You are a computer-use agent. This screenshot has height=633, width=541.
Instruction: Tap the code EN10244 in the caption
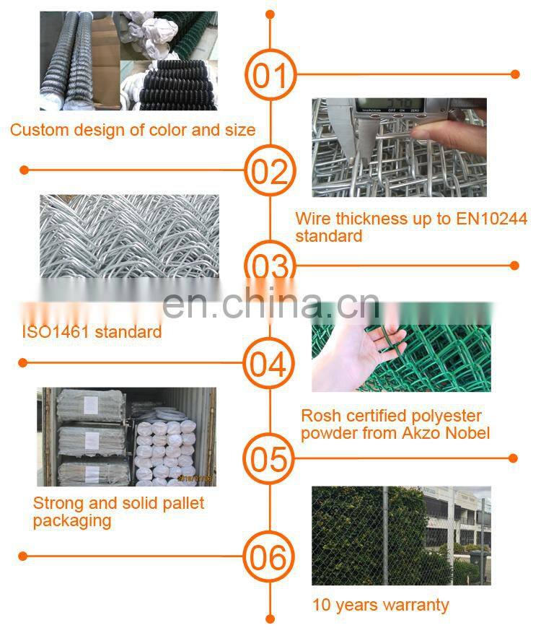coord(491,219)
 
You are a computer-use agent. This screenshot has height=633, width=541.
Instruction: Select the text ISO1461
coord(56,332)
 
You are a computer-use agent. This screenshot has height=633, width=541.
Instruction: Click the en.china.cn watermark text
coord(270,305)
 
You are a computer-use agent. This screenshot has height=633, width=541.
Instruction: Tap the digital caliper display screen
coord(390,105)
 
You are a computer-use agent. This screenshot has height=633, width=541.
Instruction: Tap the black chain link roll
coord(177,86)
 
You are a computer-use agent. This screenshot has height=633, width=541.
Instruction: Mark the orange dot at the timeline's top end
coord(270,15)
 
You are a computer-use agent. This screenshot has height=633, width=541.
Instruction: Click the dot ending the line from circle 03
coord(514,265)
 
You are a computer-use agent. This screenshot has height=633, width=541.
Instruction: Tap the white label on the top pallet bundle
coord(91,406)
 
